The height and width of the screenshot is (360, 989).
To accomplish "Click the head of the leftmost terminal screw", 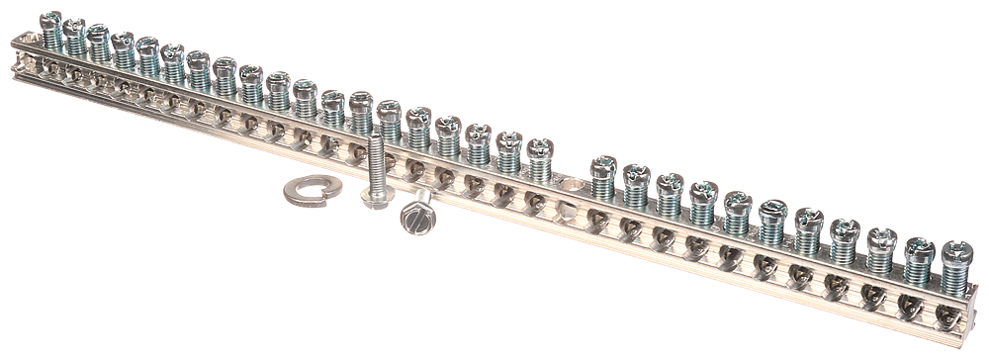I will pyautogui.click(x=49, y=20).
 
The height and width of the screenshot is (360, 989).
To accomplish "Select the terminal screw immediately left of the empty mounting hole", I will pyautogui.click(x=539, y=150).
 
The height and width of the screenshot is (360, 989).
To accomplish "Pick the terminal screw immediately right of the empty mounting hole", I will pyautogui.click(x=603, y=166).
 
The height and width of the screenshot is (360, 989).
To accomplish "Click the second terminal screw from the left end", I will pyautogui.click(x=74, y=28).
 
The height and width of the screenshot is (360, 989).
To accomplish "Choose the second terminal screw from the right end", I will pyautogui.click(x=919, y=246).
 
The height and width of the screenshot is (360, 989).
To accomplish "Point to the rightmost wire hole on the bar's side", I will pyautogui.click(x=947, y=315).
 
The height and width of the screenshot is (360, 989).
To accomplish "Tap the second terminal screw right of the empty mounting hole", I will pyautogui.click(x=636, y=174).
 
